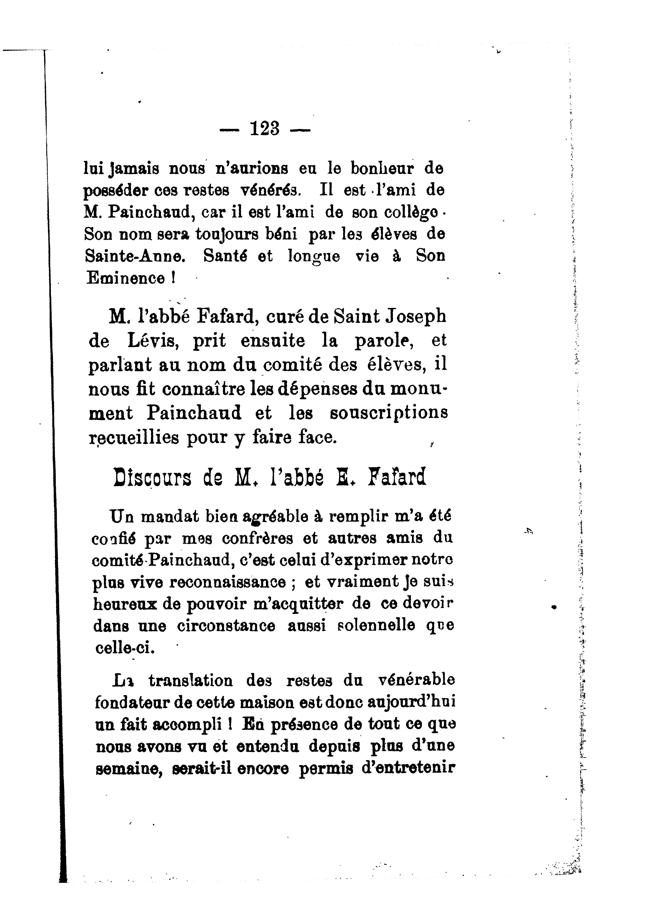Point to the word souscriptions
[389, 413]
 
